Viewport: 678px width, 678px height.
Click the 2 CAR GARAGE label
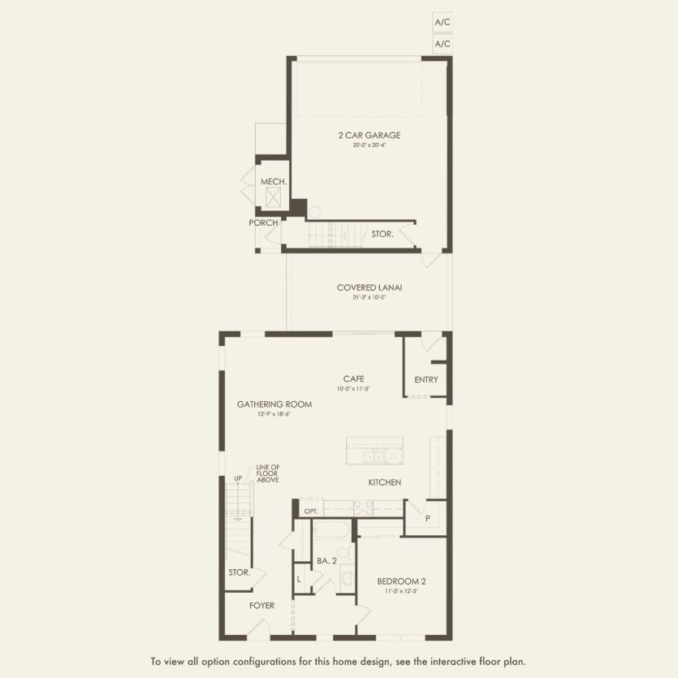369,136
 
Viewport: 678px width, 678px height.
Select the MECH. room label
273,182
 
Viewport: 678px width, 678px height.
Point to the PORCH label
264,222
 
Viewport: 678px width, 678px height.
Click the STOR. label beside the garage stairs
382,234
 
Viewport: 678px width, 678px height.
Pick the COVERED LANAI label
369,287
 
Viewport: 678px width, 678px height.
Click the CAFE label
353,378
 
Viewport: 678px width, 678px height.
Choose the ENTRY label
425,379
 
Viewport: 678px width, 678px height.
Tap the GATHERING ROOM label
263,404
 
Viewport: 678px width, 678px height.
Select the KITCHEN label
385,482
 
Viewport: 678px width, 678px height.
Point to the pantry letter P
426,517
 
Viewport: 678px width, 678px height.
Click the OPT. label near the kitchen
310,512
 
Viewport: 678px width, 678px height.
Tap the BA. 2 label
327,559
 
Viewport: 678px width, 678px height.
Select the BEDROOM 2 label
402,581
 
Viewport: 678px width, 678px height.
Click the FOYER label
262,606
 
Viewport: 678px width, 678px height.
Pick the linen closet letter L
300,578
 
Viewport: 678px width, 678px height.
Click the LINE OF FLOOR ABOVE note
268,474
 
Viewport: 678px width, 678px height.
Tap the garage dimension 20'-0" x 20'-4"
369,146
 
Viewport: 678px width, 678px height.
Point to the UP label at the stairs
239,478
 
